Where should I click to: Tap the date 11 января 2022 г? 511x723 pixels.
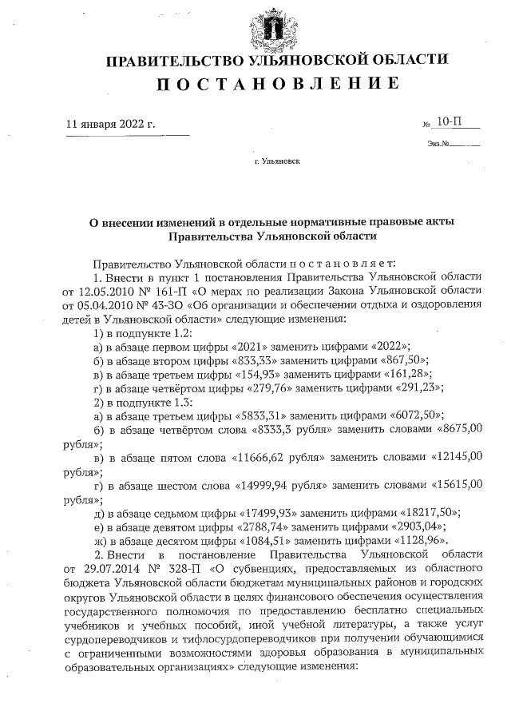pos(111,125)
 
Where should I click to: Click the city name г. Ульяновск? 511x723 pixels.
pos(277,161)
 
